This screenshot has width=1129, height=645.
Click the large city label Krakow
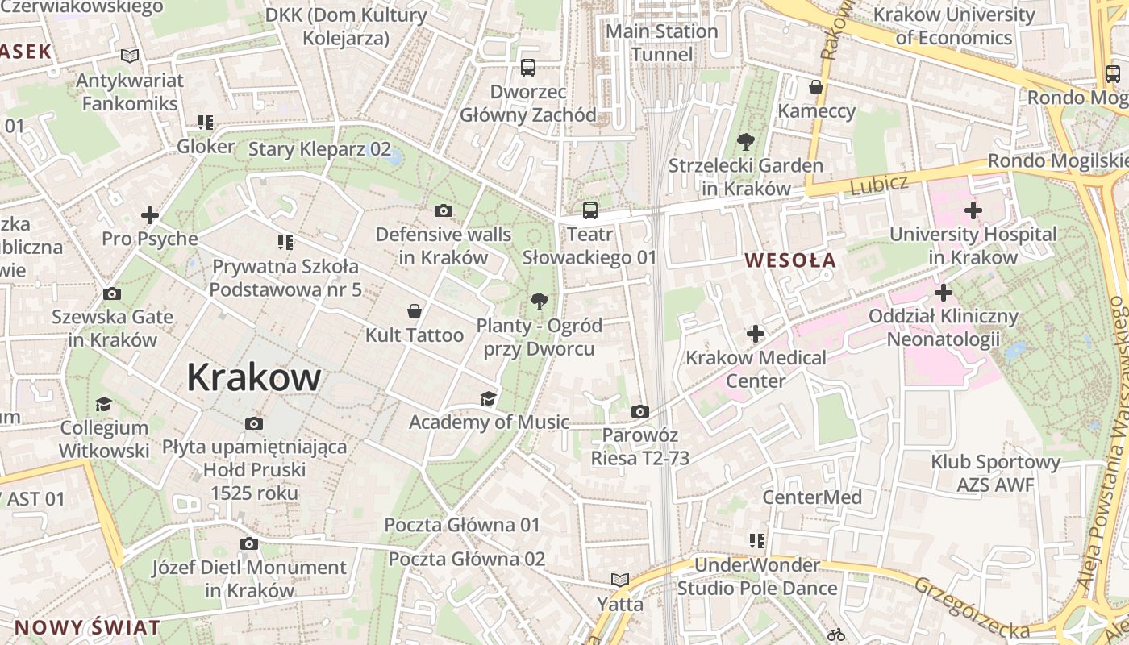click(x=254, y=377)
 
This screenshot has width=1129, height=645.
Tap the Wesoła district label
click(x=790, y=260)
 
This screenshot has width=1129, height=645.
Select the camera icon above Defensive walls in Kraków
click(x=443, y=211)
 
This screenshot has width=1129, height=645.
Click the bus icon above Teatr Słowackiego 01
click(x=590, y=210)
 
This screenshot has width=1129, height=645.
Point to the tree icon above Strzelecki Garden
click(x=745, y=142)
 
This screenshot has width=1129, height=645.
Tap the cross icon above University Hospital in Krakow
click(x=973, y=211)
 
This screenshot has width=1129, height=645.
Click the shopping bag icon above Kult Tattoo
click(x=415, y=311)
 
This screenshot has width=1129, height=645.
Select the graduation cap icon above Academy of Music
click(x=488, y=398)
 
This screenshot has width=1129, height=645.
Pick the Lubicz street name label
click(x=878, y=185)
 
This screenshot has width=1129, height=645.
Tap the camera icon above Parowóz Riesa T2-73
click(x=639, y=411)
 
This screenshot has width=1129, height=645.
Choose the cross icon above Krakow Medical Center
click(x=756, y=333)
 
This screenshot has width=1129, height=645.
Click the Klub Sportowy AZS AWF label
click(x=995, y=473)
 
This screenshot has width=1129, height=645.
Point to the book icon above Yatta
click(x=619, y=580)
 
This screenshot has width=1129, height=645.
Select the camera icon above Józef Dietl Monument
click(x=249, y=543)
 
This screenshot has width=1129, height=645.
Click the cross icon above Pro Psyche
click(x=150, y=215)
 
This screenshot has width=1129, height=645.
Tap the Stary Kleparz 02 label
click(x=319, y=149)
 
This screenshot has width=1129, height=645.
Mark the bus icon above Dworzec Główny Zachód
click(x=528, y=68)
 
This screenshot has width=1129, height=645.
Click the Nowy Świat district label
click(x=87, y=628)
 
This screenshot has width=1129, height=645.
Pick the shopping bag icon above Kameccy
click(x=816, y=87)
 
